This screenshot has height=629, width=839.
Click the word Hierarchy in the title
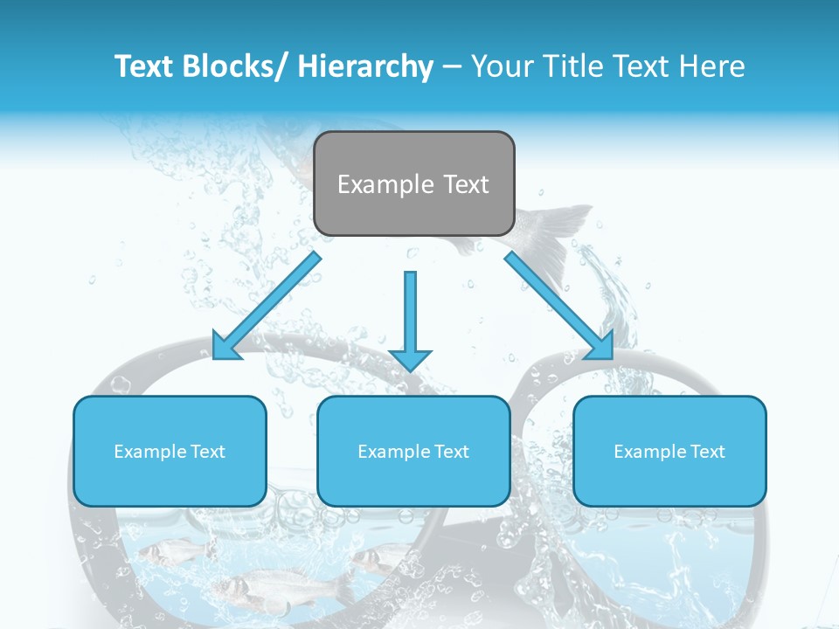(365, 66)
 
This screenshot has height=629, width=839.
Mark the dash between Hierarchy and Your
(451, 67)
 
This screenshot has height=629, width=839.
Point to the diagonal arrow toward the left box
(267, 306)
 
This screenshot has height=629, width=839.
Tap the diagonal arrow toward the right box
(559, 306)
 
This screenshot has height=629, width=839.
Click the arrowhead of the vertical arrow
(410, 359)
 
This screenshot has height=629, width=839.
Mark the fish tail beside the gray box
(551, 227)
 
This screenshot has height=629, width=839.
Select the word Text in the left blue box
(207, 452)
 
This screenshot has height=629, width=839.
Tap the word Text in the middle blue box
(451, 452)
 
